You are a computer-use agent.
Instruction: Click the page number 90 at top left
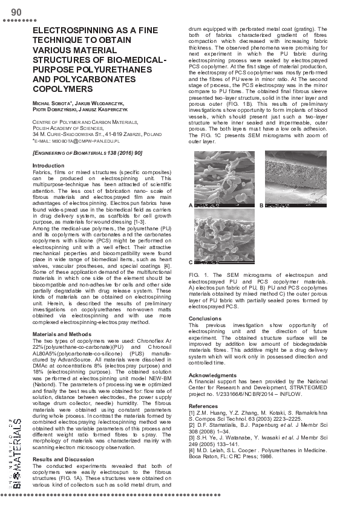click(16, 12)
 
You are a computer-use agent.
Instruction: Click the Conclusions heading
click(205, 318)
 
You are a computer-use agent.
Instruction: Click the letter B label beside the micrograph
click(261, 206)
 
